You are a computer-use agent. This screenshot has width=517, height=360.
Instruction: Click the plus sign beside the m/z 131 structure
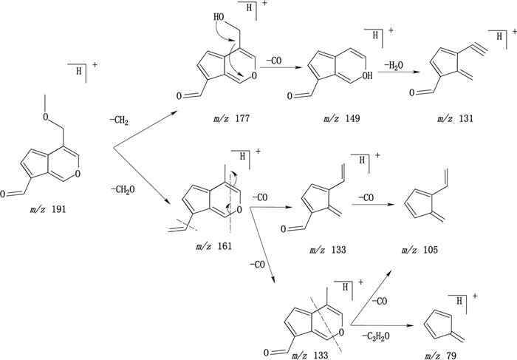click(513, 33)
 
